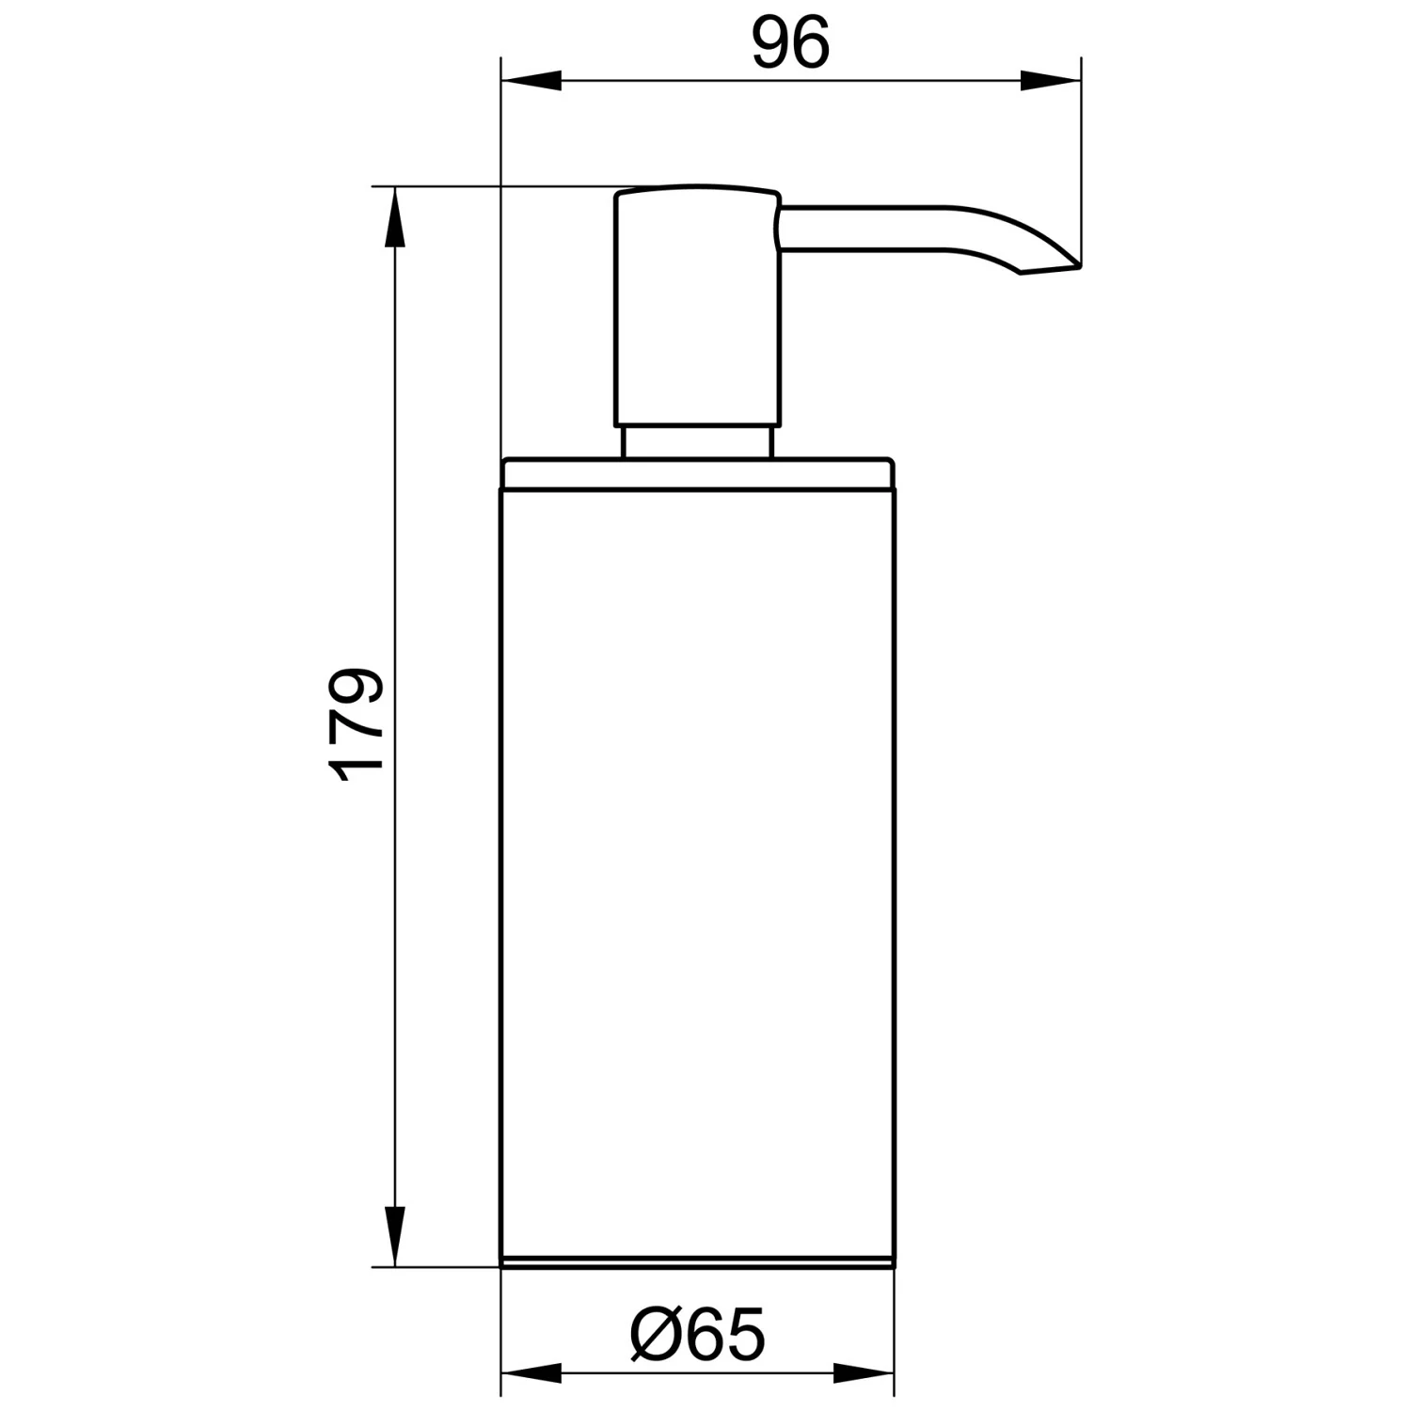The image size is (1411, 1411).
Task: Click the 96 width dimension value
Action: click(x=791, y=43)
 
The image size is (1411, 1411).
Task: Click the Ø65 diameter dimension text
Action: click(x=698, y=1334)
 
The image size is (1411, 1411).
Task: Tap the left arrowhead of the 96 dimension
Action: click(x=531, y=81)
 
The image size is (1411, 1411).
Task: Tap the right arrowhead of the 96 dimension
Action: click(x=1050, y=81)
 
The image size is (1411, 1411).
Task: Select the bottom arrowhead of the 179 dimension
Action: click(x=396, y=1235)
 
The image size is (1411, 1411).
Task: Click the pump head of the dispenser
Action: click(x=697, y=307)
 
